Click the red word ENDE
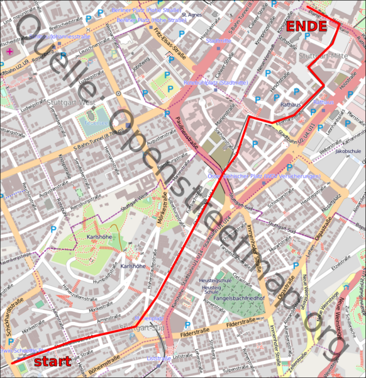(x=307, y=26)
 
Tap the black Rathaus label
(x=291, y=105)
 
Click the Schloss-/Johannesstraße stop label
(x=60, y=37)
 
